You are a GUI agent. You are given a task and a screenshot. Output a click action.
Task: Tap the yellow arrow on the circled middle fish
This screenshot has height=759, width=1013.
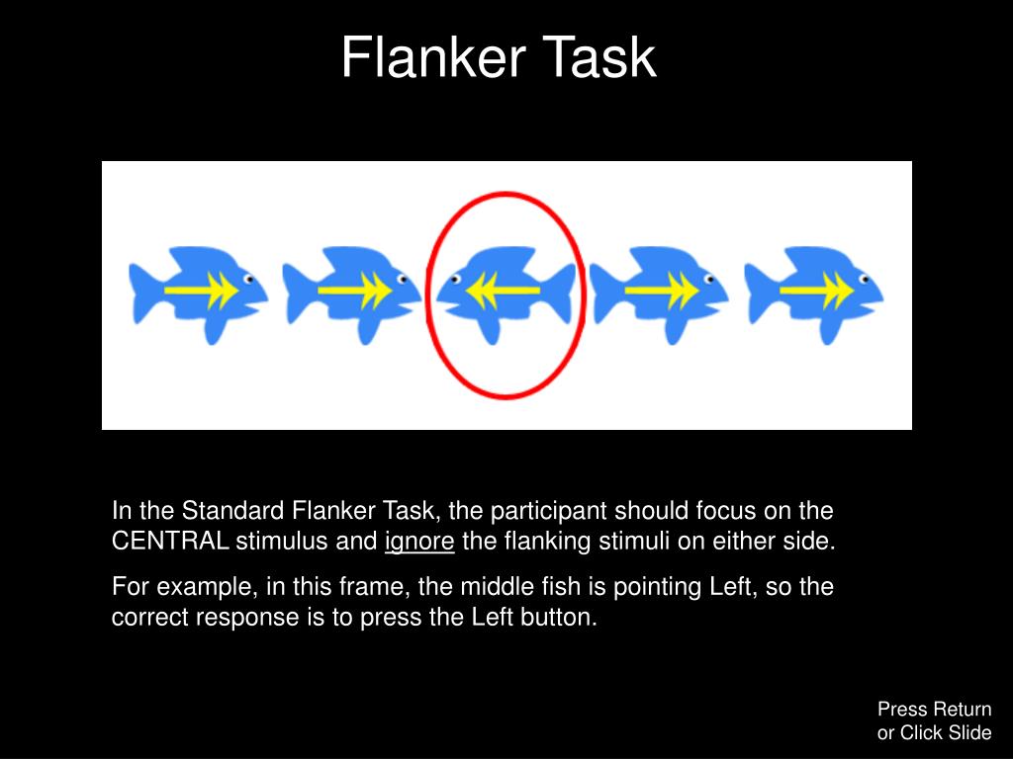click(x=504, y=290)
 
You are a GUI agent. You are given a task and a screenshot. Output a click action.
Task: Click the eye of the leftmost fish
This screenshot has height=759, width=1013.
click(x=249, y=279)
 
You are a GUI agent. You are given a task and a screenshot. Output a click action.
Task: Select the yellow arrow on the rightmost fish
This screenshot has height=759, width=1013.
click(x=816, y=291)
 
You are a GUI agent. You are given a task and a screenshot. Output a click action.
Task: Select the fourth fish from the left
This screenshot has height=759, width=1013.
click(x=659, y=293)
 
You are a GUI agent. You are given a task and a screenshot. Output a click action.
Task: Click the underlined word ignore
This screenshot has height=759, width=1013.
click(x=419, y=542)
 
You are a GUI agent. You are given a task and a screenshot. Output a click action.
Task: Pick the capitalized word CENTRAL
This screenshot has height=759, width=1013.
click(x=171, y=542)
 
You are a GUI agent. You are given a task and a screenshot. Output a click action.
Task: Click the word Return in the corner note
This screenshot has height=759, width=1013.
click(x=962, y=709)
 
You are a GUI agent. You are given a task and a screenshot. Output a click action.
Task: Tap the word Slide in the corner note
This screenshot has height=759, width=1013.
click(x=970, y=732)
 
